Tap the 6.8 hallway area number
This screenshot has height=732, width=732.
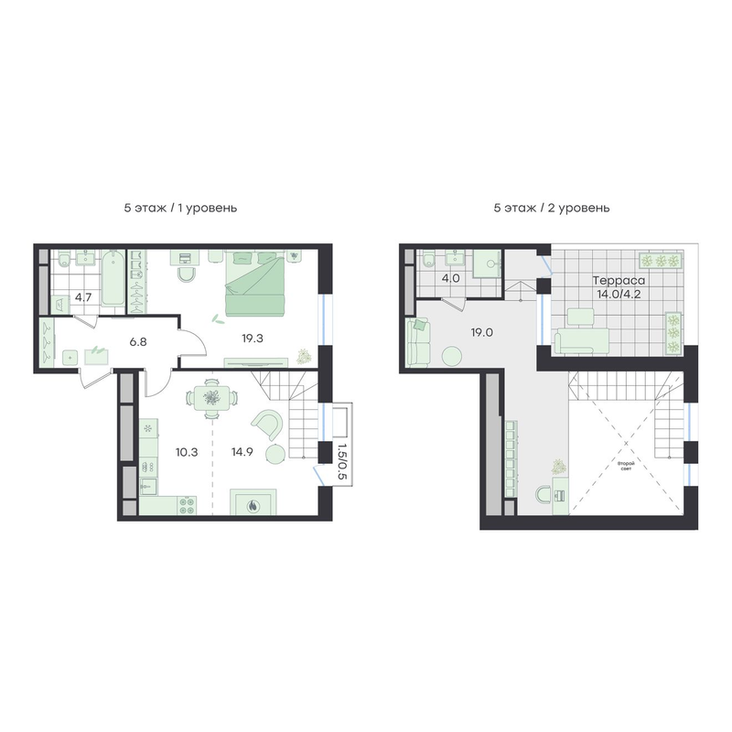pos(138,341)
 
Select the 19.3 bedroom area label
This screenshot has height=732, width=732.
pos(253,339)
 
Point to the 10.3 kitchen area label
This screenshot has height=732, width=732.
pos(187,452)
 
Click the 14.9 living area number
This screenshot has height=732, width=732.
pos(242,452)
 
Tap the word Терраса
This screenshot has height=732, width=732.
pos(619,281)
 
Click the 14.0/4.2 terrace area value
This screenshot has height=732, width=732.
pos(619,294)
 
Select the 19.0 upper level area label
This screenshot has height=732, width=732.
pos(482,333)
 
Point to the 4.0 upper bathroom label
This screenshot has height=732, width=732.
pos(451,279)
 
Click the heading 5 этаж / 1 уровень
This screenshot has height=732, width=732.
pos(180,208)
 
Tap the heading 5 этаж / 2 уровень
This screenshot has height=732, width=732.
pos(552,208)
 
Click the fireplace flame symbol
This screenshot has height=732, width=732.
pos(253,505)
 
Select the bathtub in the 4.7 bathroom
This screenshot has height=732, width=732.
pos(113,278)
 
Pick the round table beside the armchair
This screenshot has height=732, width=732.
pos(275,453)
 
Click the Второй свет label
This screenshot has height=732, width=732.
pos(626,467)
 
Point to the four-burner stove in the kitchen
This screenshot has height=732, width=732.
pos(187,506)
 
